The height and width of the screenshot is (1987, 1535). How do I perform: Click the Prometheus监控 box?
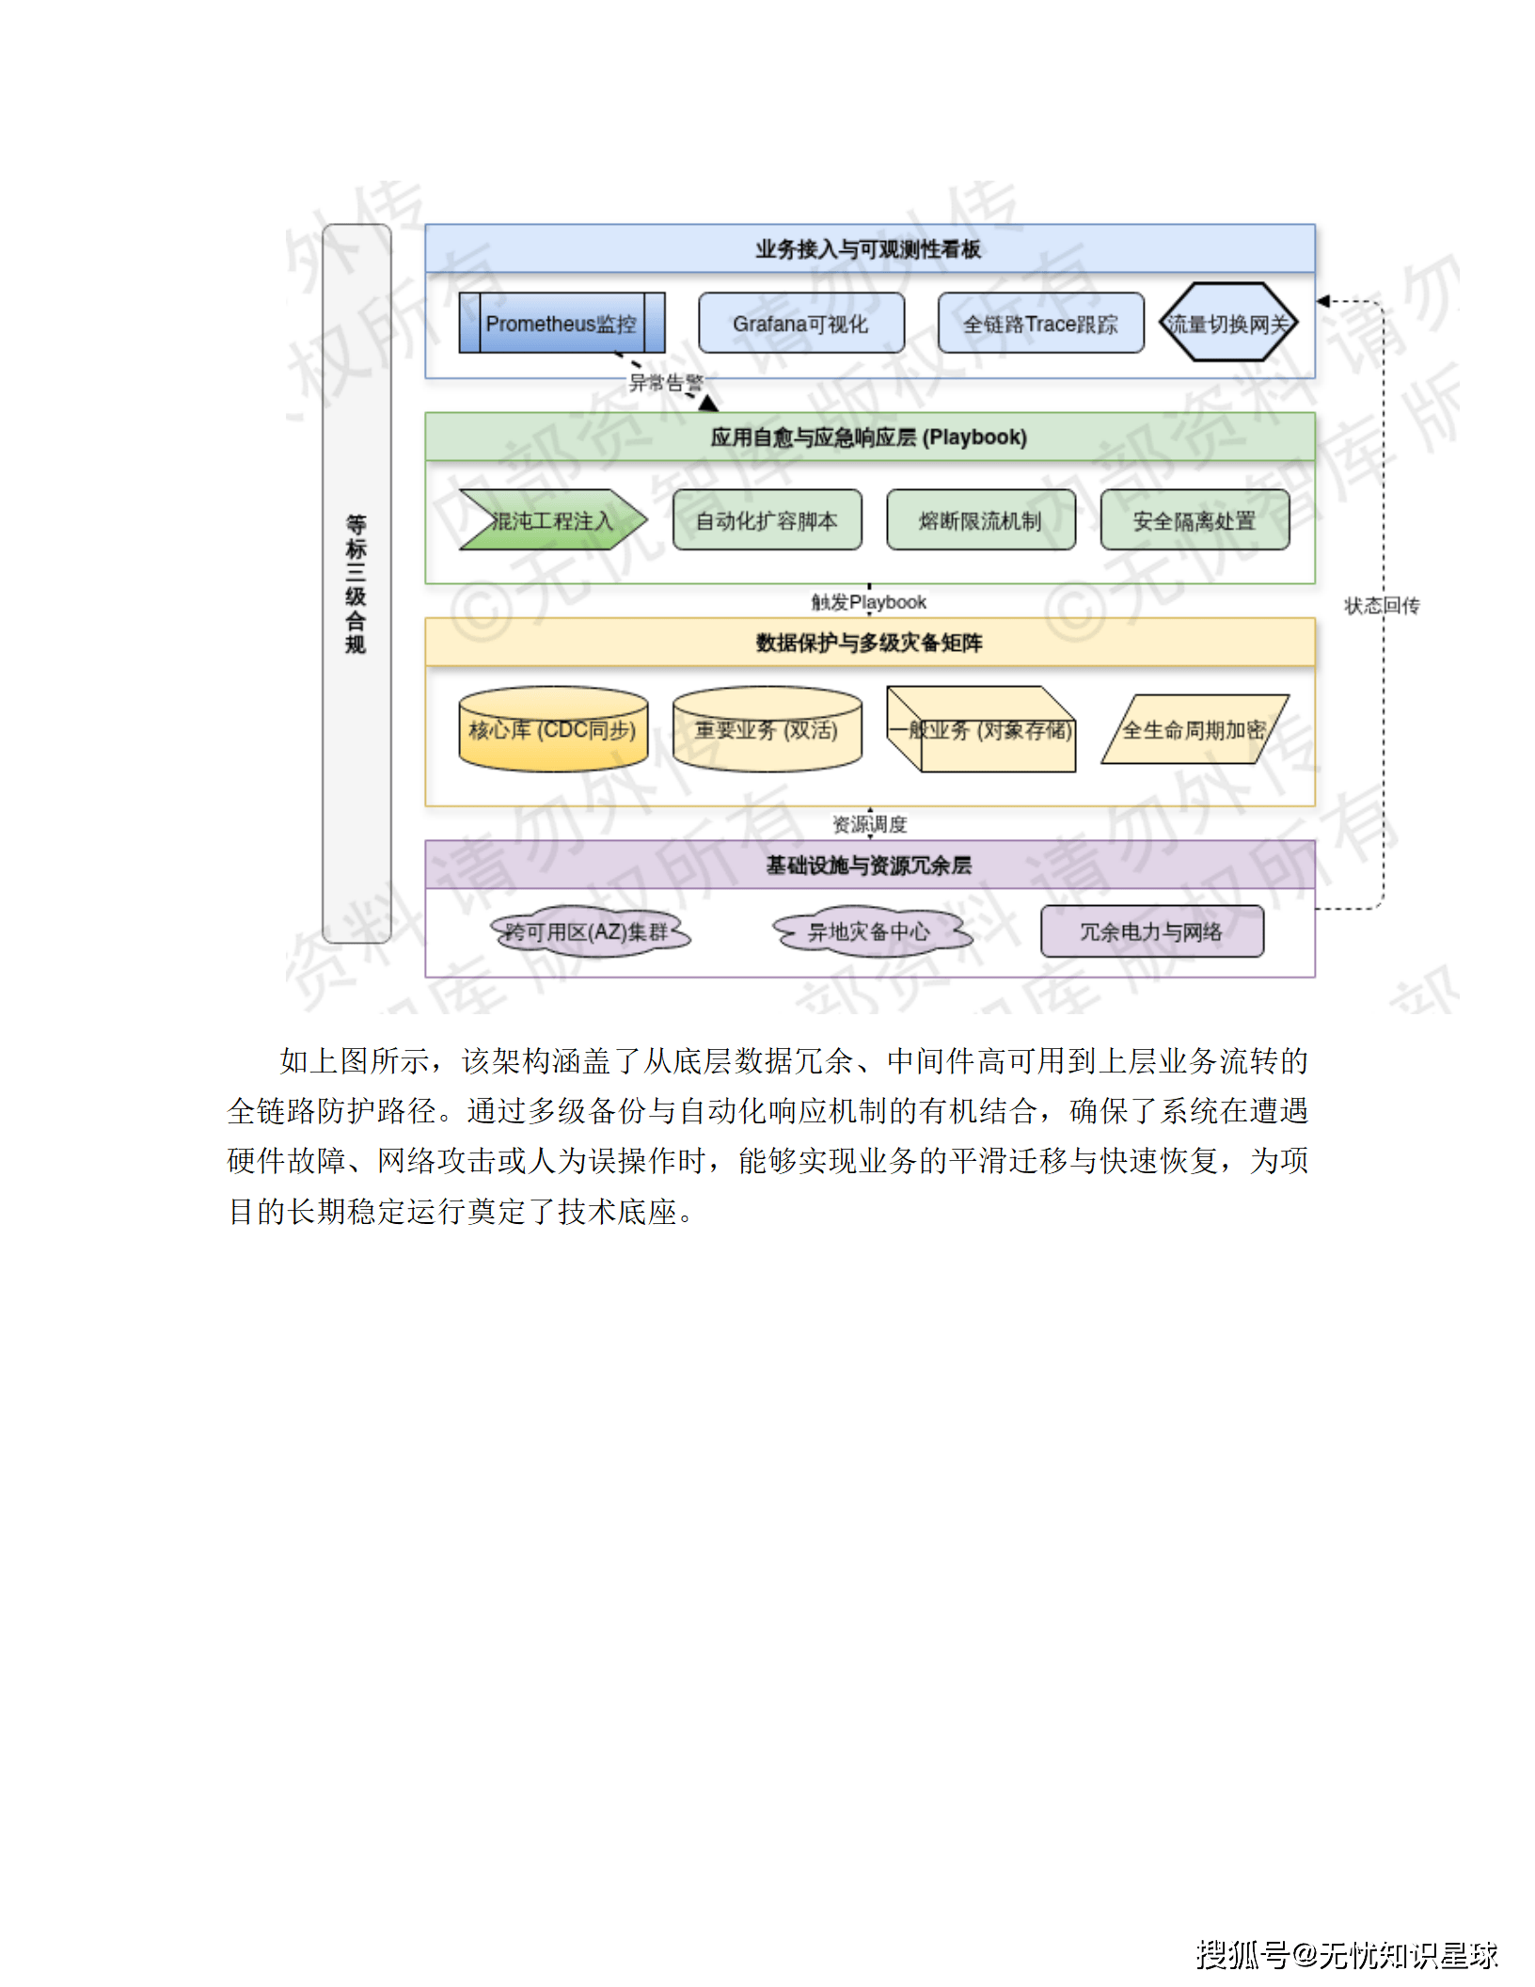click(562, 324)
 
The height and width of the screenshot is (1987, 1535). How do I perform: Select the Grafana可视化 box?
click(800, 324)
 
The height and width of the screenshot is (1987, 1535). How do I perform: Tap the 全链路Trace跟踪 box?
click(1040, 324)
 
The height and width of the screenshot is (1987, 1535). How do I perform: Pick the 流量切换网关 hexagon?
click(1227, 324)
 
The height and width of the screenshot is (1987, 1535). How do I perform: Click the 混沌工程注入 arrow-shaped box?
click(551, 520)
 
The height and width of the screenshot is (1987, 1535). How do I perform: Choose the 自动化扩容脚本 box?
click(767, 520)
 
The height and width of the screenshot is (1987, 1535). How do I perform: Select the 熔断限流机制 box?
click(980, 520)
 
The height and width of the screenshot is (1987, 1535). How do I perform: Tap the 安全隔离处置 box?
click(1194, 520)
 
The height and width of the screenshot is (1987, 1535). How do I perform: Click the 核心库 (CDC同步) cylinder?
click(553, 730)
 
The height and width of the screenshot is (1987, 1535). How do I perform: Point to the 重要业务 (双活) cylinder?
click(767, 730)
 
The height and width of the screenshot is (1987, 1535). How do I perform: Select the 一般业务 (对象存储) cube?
click(981, 730)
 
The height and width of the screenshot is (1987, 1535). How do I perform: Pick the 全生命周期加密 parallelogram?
click(1194, 730)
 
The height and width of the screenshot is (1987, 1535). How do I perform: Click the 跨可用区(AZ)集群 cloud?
click(588, 931)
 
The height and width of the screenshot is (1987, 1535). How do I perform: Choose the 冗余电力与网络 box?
click(1151, 931)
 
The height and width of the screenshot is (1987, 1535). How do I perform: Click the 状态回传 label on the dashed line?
click(1382, 606)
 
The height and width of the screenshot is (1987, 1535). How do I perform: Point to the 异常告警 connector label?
click(666, 383)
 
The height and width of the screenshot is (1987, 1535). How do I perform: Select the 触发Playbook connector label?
click(869, 602)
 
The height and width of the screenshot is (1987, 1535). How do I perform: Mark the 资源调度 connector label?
click(870, 825)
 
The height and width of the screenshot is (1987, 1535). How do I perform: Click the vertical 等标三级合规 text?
click(356, 583)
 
